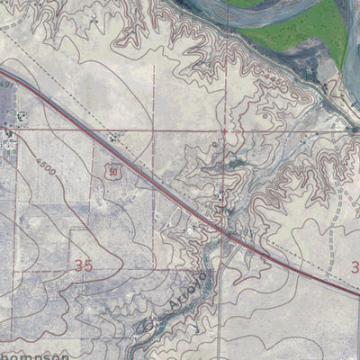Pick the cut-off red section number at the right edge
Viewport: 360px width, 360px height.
click(355, 266)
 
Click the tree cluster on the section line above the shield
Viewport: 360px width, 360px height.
click(113, 137)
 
